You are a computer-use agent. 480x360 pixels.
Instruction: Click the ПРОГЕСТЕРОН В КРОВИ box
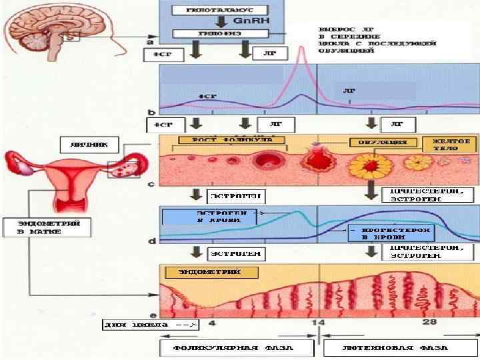click(392, 232)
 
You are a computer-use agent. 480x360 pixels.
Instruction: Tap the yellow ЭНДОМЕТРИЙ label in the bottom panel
click(209, 273)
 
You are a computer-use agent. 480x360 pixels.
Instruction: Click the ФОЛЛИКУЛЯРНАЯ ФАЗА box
click(235, 349)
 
